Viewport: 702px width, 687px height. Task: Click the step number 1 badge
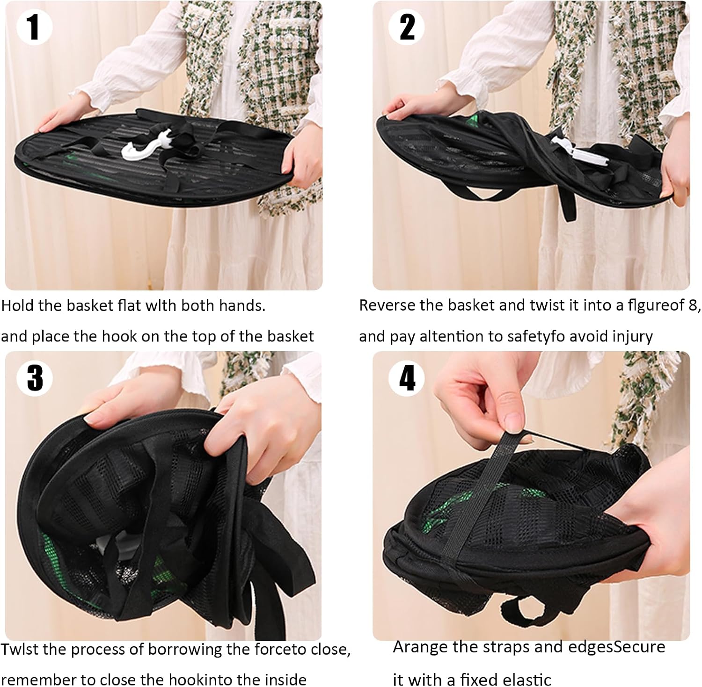(33, 27)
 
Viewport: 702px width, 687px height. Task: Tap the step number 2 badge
(407, 27)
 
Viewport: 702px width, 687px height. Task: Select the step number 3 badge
(34, 377)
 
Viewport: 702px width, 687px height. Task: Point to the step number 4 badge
(407, 377)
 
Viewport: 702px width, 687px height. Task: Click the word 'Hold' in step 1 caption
(17, 305)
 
